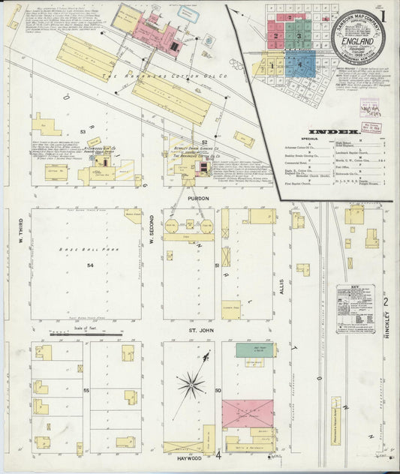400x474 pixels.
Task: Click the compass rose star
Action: click(191, 385)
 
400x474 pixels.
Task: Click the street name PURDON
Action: click(199, 199)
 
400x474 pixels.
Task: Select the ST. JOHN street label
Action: click(197, 327)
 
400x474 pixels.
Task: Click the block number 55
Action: click(87, 391)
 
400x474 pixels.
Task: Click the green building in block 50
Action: click(255, 349)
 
